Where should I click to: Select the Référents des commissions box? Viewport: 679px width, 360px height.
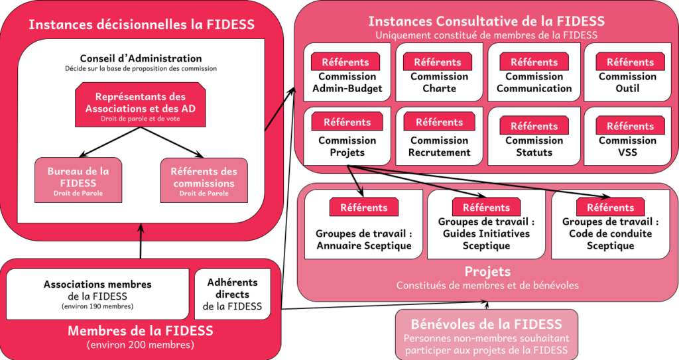click(204, 180)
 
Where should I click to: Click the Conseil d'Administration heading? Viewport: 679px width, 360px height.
click(141, 58)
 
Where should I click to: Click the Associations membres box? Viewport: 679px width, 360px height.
click(97, 294)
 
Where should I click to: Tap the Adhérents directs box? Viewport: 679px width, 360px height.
click(232, 294)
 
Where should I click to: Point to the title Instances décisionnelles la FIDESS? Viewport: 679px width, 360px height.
click(141, 25)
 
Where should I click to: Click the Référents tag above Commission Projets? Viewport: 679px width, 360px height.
click(347, 122)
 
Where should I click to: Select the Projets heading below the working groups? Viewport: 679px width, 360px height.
click(487, 272)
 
